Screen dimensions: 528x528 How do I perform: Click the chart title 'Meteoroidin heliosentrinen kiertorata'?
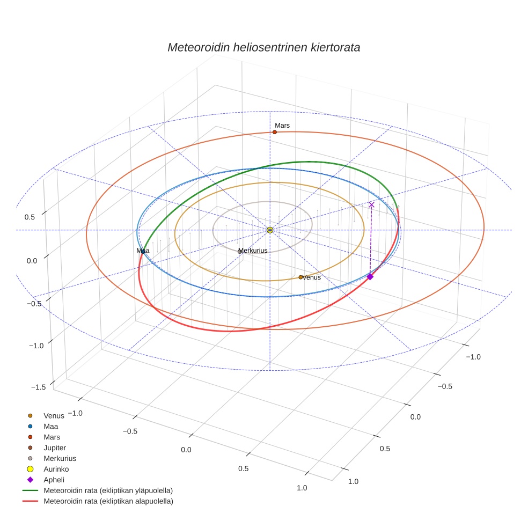[x=263, y=47]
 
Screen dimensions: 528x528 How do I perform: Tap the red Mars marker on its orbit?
[x=275, y=132]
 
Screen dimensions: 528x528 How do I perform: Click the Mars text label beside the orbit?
[x=282, y=125]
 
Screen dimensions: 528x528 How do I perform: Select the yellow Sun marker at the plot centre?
[x=270, y=230]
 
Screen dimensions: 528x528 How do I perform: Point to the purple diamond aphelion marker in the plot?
[x=370, y=276]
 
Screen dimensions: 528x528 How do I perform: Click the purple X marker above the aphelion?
[x=371, y=205]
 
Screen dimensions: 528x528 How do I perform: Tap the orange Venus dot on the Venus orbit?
[x=300, y=277]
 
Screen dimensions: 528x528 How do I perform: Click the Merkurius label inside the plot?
[x=253, y=251]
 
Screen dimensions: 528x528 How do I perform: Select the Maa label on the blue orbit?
[x=143, y=251]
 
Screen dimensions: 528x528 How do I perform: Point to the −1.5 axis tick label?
[x=39, y=387]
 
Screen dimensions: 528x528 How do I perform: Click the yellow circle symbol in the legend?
[x=30, y=469]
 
